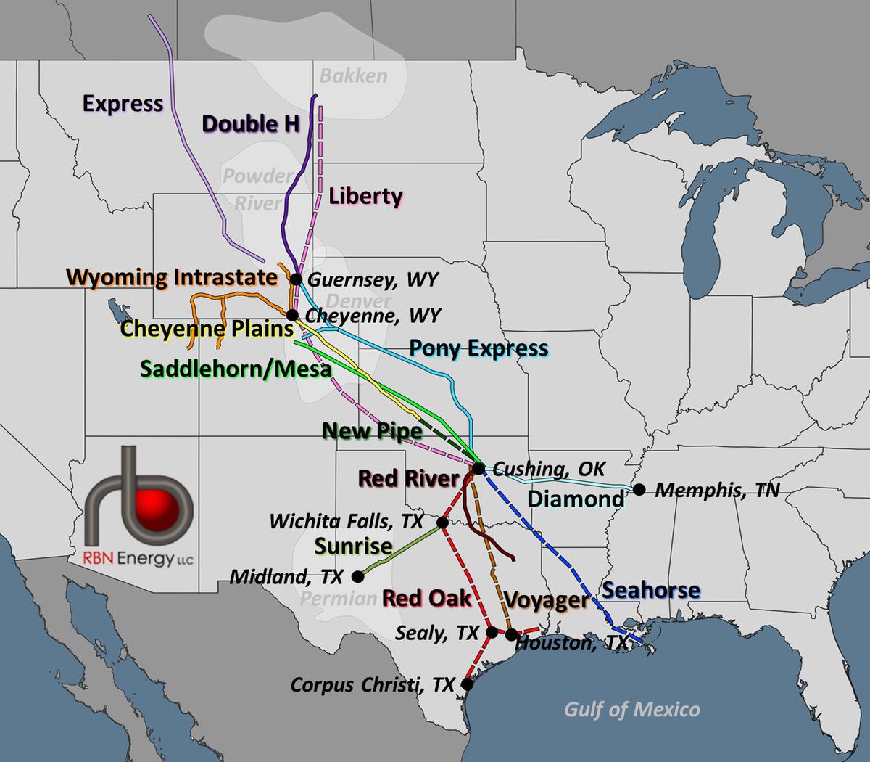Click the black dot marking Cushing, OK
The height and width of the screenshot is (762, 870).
pos(479,468)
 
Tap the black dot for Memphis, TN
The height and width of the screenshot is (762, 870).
pos(639,490)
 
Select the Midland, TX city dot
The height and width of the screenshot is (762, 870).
pos(357,577)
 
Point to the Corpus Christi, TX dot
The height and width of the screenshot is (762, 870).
pos(467,684)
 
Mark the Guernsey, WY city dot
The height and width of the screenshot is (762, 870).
pos(296,279)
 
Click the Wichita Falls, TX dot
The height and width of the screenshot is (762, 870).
pos(442,522)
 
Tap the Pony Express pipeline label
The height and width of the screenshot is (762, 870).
pos(478,348)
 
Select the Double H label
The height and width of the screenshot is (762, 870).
pos(251,124)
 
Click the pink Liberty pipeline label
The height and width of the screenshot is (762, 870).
pos(365,196)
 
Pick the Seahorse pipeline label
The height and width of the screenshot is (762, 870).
pos(651,590)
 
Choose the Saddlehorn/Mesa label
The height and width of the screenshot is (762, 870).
pos(236,369)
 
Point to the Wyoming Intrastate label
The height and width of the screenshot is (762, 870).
pos(172,277)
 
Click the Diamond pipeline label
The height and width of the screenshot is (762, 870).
pos(576,499)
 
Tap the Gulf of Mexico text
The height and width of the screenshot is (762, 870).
pos(632,709)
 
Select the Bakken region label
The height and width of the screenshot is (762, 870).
pos(353,75)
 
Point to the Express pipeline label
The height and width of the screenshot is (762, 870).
pos(123,104)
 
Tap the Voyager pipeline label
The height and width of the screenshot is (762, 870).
pos(546,600)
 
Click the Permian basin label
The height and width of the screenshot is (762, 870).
pos(338,599)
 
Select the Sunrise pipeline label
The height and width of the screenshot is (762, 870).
pos(353,546)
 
